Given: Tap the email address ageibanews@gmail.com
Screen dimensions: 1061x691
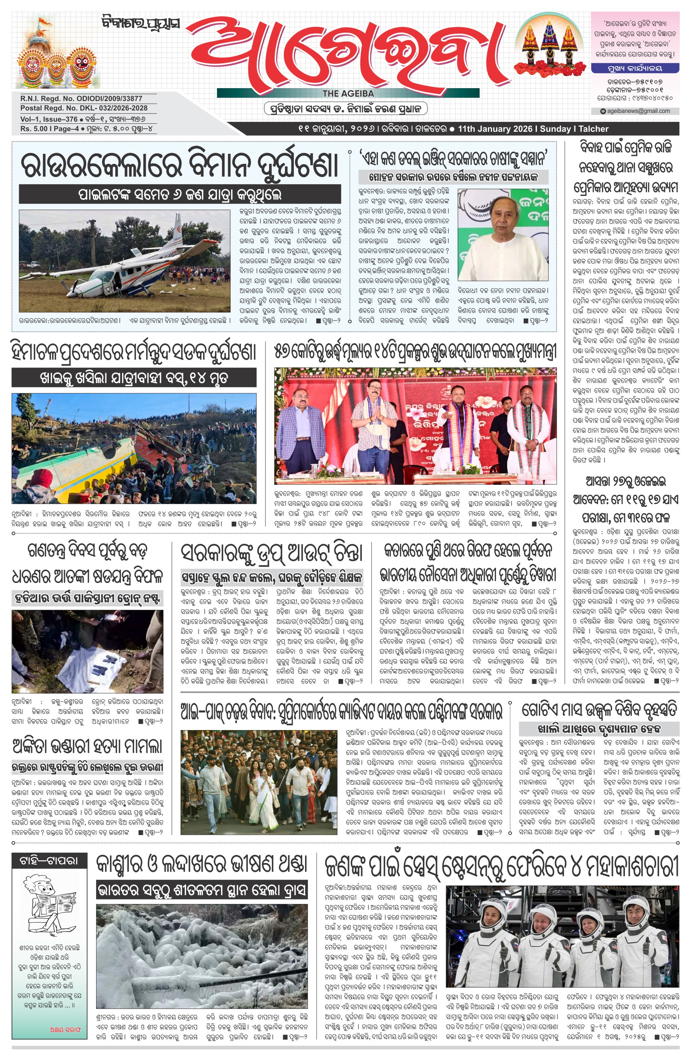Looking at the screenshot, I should tap(639, 111).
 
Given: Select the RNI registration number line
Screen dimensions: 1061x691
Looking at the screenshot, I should tap(81, 99).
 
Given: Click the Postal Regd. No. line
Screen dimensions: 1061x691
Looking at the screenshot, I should tap(84, 108).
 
